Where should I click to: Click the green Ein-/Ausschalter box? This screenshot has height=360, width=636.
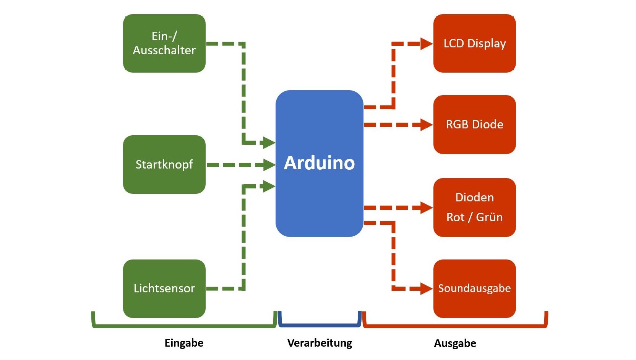[x=164, y=43]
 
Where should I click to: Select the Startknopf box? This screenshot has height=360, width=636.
[x=164, y=164]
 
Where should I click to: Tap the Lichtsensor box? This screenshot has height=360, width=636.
[x=164, y=288]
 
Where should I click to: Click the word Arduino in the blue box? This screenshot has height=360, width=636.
[x=319, y=163]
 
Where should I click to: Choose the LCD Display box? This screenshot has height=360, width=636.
[x=474, y=43]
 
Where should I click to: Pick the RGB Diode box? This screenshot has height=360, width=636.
[x=474, y=124]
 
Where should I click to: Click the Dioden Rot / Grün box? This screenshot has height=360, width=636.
[x=474, y=207]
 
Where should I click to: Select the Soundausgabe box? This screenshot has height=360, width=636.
[x=474, y=288]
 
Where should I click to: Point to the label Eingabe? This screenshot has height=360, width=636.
[x=184, y=343]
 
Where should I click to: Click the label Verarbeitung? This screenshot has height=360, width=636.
[x=320, y=343]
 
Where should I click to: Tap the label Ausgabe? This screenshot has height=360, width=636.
[x=455, y=343]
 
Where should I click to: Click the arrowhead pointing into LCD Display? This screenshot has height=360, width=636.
[x=426, y=44]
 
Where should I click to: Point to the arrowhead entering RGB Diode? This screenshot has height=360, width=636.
[x=426, y=125]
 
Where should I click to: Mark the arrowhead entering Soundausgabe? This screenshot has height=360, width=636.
[x=426, y=289]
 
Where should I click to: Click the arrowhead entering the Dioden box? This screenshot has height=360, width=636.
[x=426, y=208]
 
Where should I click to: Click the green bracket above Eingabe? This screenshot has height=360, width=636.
[x=184, y=326]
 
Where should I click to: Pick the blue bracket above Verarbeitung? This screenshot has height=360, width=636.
[x=320, y=325]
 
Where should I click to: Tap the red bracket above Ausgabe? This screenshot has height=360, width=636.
[x=455, y=326]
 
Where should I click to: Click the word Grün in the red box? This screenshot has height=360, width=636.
[x=489, y=217]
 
